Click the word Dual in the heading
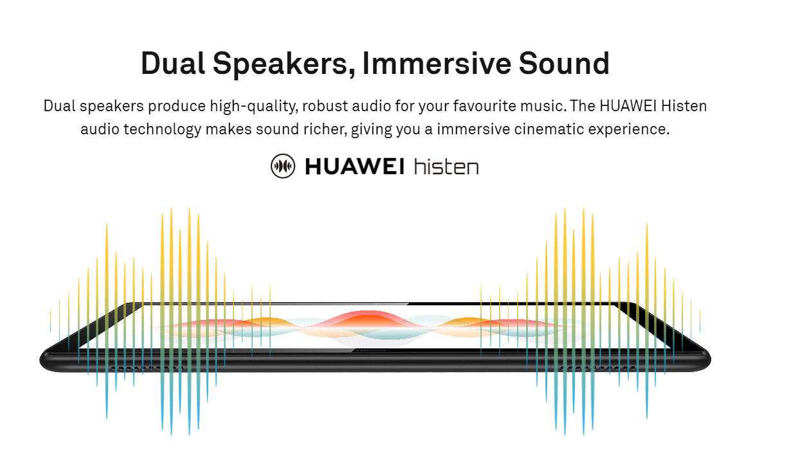coord(173,64)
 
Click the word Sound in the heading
coord(564,64)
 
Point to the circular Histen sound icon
coord(283,166)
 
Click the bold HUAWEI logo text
coord(355,166)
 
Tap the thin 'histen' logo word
coord(446,166)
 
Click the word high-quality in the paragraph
coord(254,107)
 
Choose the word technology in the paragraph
coord(163,130)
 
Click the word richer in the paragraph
coord(325,129)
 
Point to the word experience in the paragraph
coord(628,130)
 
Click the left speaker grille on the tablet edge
coord(147,368)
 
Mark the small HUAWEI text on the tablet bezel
coord(372,350)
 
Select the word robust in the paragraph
coord(325,106)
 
